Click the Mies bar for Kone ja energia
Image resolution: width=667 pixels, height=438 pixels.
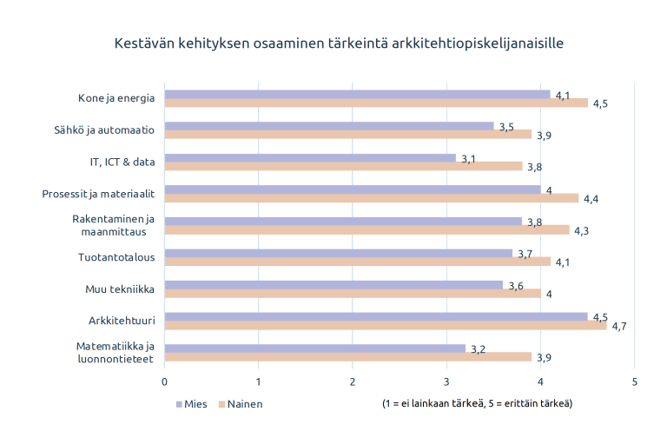[357, 94]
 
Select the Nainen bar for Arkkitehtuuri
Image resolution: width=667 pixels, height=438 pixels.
[386, 326]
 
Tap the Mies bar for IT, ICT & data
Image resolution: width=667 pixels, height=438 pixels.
[310, 157]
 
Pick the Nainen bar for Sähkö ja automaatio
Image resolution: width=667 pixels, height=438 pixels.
[347, 135]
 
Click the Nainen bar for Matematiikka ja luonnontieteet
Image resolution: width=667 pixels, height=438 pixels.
[347, 357]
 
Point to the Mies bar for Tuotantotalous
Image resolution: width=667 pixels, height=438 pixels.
[338, 253]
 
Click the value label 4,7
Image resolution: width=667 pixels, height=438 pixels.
[620, 327]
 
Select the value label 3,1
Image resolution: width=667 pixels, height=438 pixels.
[468, 159]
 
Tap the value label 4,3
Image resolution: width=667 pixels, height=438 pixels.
[582, 231]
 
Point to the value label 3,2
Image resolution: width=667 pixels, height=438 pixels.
[478, 349]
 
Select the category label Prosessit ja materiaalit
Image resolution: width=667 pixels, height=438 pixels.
[98, 194]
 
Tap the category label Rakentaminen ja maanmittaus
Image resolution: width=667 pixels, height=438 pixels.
[113, 225]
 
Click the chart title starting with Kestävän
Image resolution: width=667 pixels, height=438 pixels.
[333, 43]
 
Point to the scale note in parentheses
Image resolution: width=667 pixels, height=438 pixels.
[477, 404]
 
